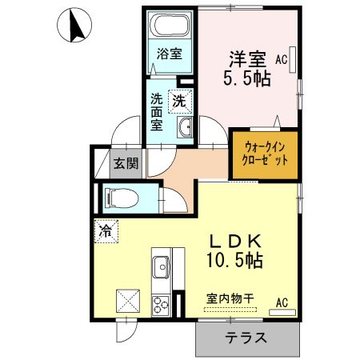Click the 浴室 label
[169, 55]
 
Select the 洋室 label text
[247, 58]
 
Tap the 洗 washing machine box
[180, 102]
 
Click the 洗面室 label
[157, 112]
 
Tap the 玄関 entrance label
[126, 164]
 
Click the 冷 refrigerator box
[106, 230]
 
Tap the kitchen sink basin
[160, 264]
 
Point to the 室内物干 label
[230, 299]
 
